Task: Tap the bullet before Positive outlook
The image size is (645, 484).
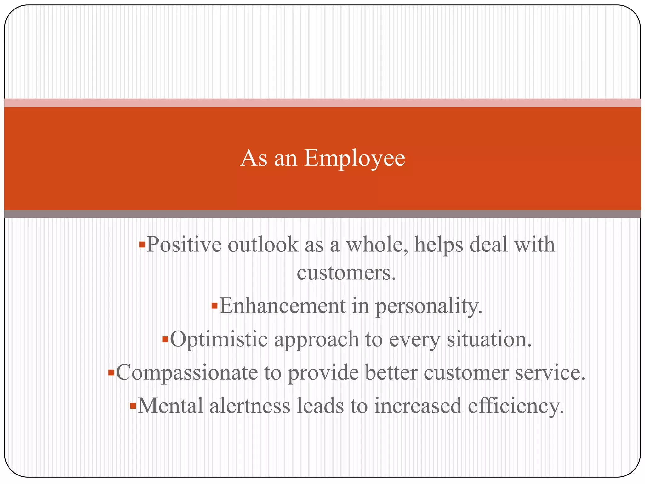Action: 142,244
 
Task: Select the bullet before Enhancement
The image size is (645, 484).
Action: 214,306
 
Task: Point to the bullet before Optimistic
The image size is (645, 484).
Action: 165,339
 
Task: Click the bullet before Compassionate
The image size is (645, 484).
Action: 111,373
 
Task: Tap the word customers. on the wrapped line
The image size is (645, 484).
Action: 346,273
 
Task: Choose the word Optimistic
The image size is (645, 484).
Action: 219,340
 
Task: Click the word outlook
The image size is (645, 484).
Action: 263,245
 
